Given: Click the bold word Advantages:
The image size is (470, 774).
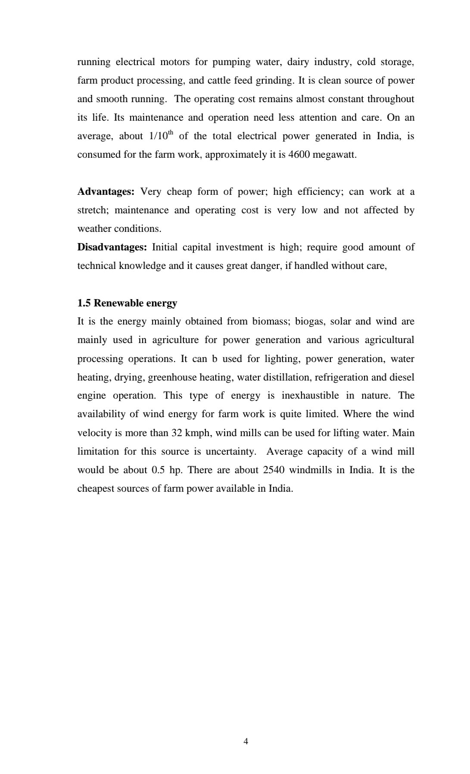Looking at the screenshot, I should (106, 192).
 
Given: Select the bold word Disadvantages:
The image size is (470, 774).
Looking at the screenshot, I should (112, 247).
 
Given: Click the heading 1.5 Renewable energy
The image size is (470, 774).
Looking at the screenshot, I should (127, 303).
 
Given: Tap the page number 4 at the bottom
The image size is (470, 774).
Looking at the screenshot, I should (246, 741).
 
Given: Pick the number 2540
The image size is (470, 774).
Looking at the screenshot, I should (274, 470).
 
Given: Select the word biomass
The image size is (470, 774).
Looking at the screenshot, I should (271, 321).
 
